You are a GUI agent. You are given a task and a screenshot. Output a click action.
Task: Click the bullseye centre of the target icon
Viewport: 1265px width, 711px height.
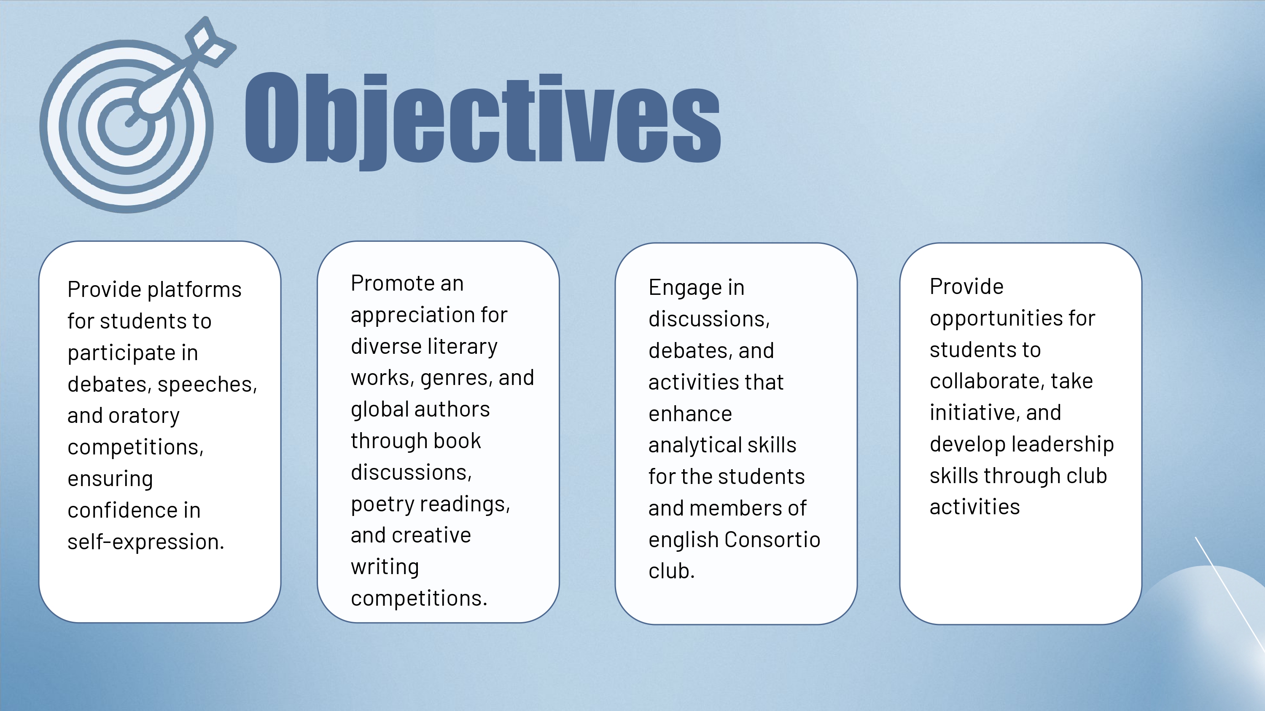click(126, 126)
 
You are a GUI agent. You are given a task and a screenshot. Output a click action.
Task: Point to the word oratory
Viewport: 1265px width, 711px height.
click(144, 416)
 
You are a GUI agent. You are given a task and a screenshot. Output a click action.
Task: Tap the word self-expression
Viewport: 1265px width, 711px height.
click(146, 542)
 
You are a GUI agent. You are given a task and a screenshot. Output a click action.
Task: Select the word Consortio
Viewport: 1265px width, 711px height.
click(772, 540)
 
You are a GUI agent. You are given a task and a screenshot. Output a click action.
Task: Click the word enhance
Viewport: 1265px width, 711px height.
click(690, 414)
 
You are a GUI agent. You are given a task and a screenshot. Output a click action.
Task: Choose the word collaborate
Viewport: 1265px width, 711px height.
click(987, 381)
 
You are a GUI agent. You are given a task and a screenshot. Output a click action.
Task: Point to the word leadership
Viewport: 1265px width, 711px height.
click(1062, 444)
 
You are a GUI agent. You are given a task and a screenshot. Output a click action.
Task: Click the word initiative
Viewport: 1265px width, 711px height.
click(975, 413)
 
